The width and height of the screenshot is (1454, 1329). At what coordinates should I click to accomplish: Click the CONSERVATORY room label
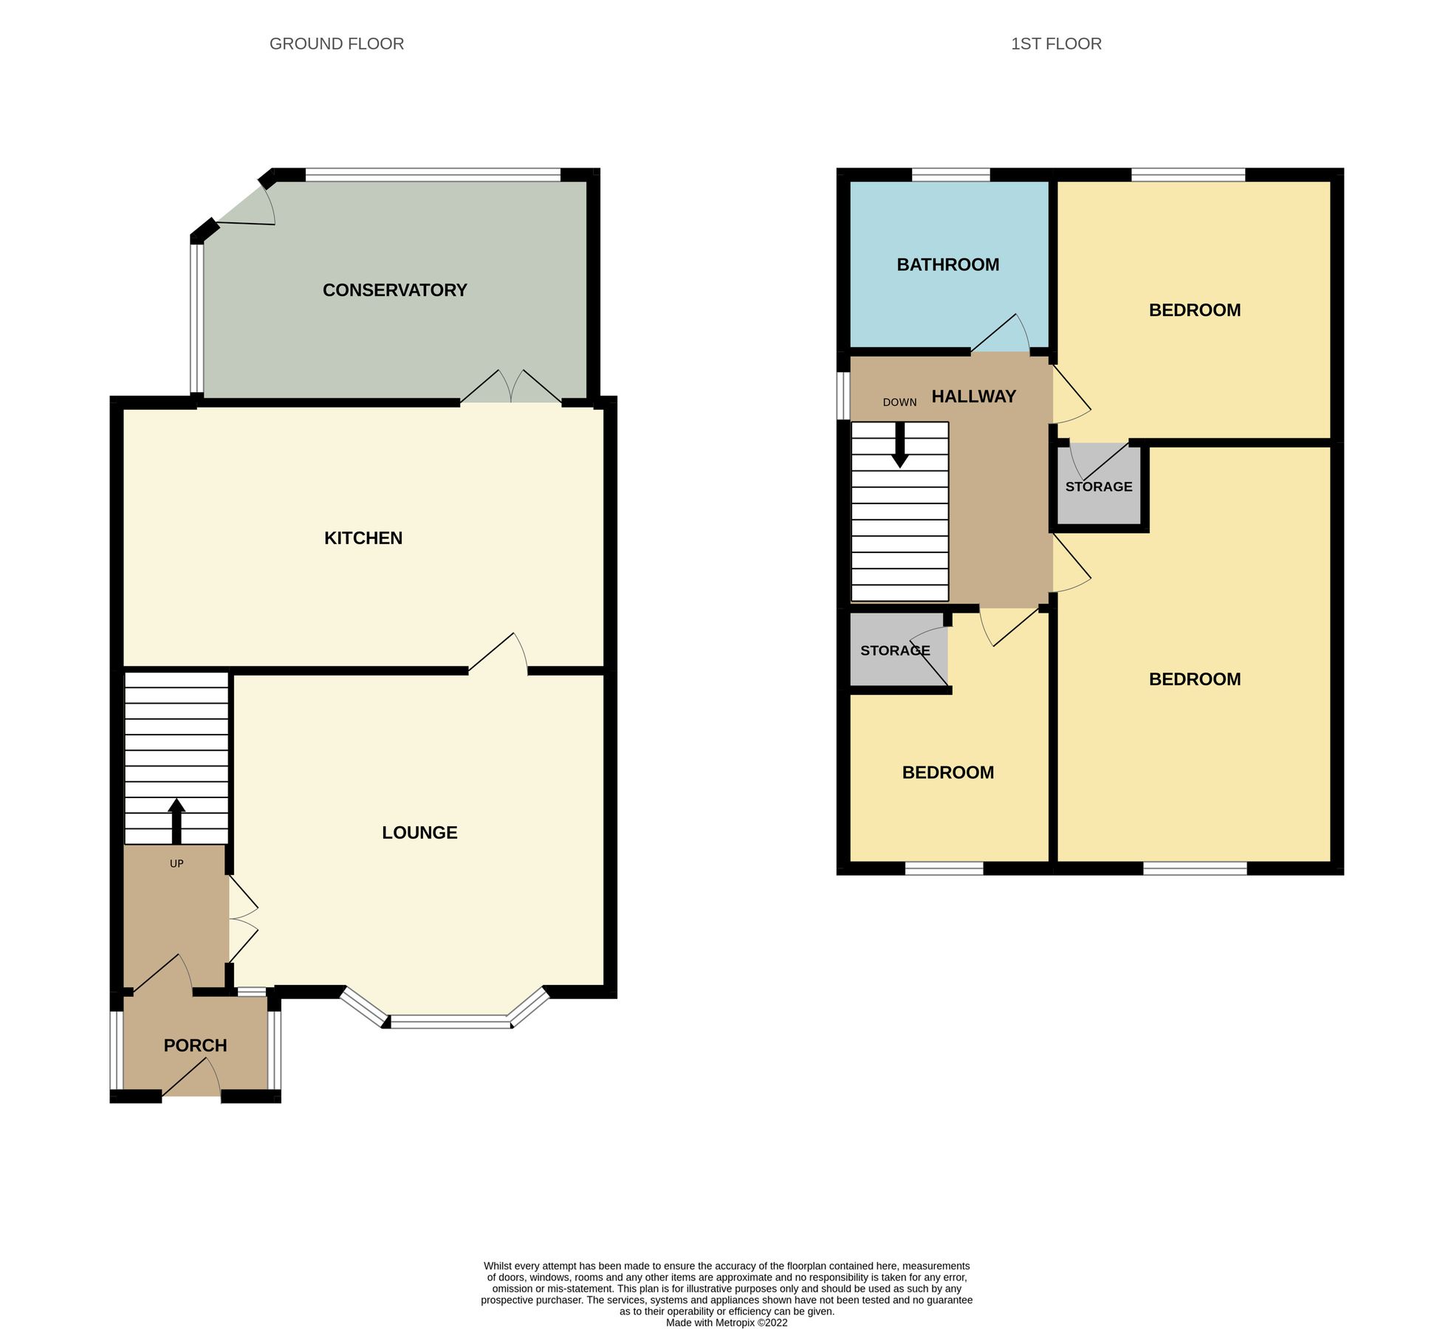click(394, 290)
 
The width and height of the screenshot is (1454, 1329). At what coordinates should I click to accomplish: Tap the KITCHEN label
click(363, 538)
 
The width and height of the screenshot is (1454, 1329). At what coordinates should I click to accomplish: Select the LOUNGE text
click(419, 832)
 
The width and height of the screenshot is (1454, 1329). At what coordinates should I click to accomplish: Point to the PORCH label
click(195, 1045)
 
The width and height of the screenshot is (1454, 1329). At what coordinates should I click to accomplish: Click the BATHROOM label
click(947, 264)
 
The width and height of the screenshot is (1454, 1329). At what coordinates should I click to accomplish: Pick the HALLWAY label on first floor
click(973, 396)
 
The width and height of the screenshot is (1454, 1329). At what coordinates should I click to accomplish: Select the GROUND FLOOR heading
click(336, 44)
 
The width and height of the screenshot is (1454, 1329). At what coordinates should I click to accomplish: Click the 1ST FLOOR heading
click(1055, 44)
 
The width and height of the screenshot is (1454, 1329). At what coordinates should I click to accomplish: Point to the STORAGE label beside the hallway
click(1098, 487)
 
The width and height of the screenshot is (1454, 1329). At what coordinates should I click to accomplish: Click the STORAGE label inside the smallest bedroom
click(894, 650)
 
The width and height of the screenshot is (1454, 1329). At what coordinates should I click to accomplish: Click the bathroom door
click(1001, 334)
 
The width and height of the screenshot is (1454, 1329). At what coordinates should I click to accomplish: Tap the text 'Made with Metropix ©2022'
click(726, 1322)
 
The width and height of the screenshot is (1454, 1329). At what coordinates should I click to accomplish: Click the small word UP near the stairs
click(176, 863)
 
